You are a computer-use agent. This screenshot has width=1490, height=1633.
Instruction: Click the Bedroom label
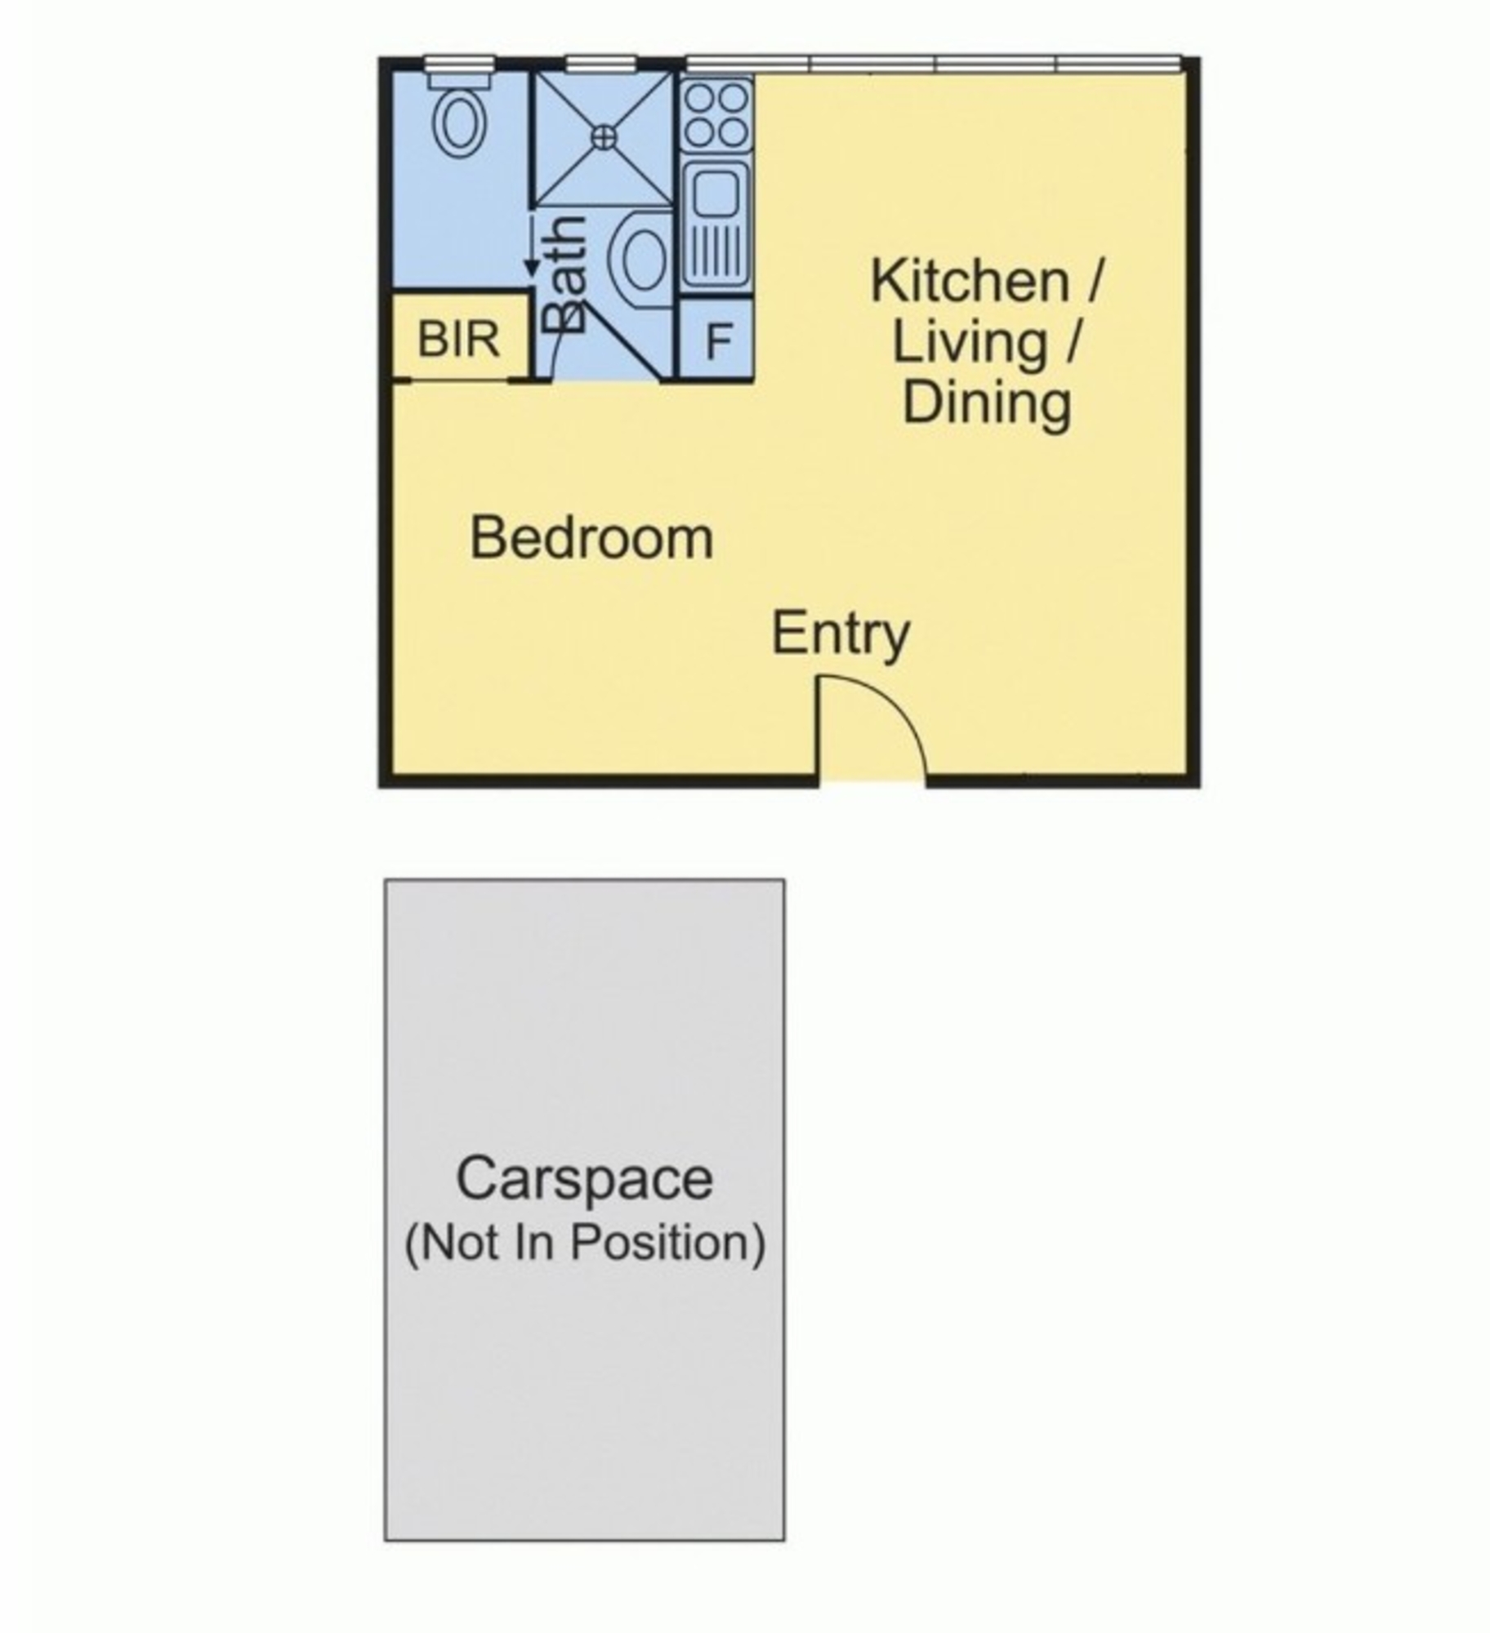(x=591, y=539)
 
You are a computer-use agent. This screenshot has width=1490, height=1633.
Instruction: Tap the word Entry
(x=841, y=634)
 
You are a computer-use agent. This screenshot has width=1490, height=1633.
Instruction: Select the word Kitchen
(x=970, y=282)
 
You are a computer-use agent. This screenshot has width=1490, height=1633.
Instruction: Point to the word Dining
(x=987, y=403)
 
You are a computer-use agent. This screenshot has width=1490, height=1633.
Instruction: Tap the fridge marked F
(x=716, y=340)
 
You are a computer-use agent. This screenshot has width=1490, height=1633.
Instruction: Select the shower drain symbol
(x=604, y=137)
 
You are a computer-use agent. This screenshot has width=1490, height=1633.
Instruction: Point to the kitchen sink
(x=716, y=227)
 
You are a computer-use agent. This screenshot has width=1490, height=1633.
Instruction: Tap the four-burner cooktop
(x=716, y=115)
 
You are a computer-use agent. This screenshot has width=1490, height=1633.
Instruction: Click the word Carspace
(x=585, y=1180)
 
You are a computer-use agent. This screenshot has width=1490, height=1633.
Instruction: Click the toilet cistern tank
(x=459, y=80)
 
